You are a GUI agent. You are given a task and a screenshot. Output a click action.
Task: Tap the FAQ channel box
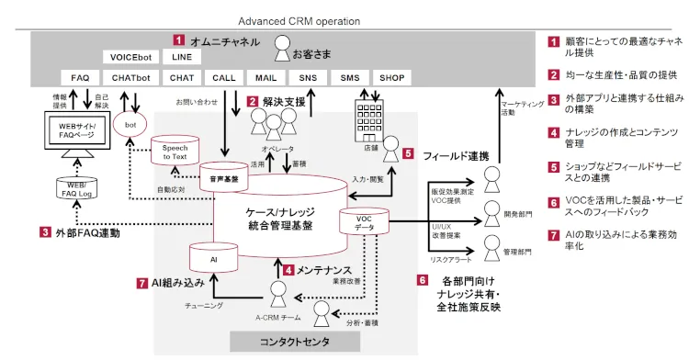point(80,78)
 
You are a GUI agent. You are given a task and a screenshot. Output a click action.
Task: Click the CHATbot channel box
point(130,78)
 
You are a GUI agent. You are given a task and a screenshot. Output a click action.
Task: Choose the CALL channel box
point(224,78)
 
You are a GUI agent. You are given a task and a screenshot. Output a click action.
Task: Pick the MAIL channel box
point(266,78)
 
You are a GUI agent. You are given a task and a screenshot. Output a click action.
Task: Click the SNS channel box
point(308,78)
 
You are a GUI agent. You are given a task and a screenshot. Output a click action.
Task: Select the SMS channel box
point(350,78)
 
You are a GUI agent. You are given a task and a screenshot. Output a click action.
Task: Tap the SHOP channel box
point(391,78)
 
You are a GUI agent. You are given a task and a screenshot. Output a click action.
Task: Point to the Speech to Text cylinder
point(175,153)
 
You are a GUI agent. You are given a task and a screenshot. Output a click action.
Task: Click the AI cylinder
point(213,261)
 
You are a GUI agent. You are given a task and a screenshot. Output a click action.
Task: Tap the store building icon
point(367,119)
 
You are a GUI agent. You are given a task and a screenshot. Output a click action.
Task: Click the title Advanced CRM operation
point(299,20)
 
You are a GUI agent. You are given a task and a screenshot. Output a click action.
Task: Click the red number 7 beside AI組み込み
point(141,284)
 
